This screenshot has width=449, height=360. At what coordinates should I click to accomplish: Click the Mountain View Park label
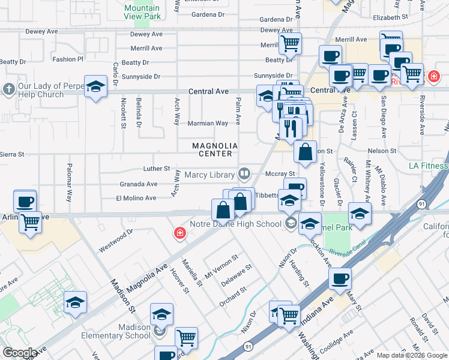(142, 13)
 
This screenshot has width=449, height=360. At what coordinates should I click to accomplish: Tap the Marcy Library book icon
(244, 175)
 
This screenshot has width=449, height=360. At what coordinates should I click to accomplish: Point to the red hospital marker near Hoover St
(179, 233)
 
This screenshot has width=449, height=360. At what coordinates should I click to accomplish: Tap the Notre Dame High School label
(235, 224)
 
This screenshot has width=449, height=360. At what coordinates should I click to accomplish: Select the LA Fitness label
(429, 166)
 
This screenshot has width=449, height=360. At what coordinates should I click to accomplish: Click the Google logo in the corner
(20, 352)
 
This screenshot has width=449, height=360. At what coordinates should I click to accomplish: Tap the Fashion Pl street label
(68, 59)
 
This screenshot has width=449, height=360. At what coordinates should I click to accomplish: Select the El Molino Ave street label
(136, 198)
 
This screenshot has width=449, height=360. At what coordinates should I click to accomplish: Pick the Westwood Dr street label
(116, 240)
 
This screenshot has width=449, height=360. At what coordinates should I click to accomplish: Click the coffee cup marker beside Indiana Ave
(340, 279)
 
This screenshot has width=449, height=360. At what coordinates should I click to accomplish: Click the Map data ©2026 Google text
(412, 355)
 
